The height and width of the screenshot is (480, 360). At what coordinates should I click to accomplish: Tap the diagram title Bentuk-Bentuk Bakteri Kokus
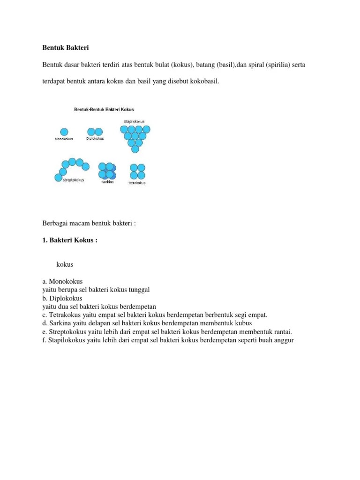(x=104, y=109)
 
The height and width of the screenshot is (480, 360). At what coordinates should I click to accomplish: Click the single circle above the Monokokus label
(x=64, y=132)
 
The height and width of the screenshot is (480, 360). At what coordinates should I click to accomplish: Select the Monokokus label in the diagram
(x=64, y=139)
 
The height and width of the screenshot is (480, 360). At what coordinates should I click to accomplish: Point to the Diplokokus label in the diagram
(x=95, y=139)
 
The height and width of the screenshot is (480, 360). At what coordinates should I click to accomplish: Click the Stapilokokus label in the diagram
(x=134, y=121)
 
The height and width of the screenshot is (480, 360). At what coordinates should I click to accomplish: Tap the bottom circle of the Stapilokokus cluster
(x=135, y=149)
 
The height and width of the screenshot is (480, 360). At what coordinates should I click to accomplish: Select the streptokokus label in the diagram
(x=73, y=180)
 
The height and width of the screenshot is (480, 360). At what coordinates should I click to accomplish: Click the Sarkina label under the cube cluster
(x=107, y=182)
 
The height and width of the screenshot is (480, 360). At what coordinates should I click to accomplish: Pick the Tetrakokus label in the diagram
(x=137, y=183)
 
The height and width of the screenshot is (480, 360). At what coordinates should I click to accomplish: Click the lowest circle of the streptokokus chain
(x=59, y=177)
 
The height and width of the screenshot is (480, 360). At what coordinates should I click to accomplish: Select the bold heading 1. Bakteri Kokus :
(x=70, y=240)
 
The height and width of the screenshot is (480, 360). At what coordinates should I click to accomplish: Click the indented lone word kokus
(x=65, y=264)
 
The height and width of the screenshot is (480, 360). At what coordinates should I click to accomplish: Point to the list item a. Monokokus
(x=62, y=282)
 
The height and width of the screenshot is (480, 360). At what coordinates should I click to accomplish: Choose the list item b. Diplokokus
(x=62, y=298)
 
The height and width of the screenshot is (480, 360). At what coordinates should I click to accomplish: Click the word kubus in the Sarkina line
(x=244, y=323)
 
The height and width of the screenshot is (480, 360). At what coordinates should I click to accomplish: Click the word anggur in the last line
(x=283, y=340)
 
